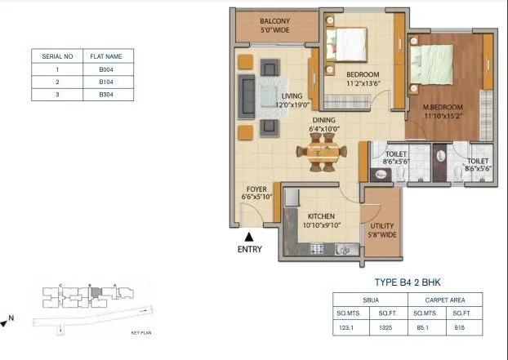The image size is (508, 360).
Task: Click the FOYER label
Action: pyautogui.click(x=256, y=187)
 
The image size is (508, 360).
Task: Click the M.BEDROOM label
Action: pyautogui.click(x=443, y=108)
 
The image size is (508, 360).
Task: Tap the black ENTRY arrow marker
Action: pyautogui.click(x=249, y=236)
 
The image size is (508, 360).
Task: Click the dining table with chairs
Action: pyautogui.click(x=320, y=151)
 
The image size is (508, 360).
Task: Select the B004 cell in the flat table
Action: pyautogui.click(x=105, y=69)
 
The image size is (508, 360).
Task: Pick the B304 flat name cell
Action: pyautogui.click(x=105, y=95)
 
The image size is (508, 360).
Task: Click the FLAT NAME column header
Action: pyautogui.click(x=105, y=56)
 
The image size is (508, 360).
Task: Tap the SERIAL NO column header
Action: pyautogui.click(x=57, y=56)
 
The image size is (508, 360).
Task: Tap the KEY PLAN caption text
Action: pyautogui.click(x=141, y=333)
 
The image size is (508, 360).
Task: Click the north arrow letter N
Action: pyautogui.click(x=11, y=317)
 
